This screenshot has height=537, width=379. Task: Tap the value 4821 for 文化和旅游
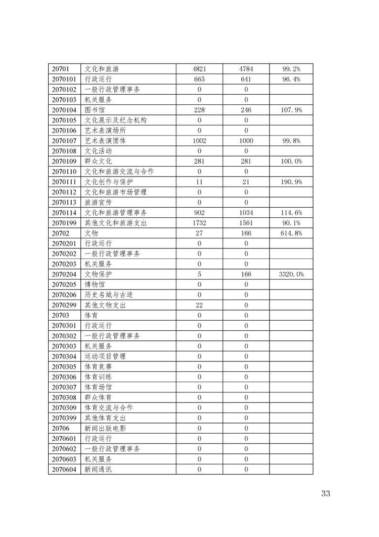[199, 69]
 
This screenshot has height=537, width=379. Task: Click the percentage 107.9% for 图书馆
[291, 110]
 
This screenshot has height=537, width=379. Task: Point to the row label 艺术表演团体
[105, 141]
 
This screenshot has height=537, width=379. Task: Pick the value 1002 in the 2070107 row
[199, 141]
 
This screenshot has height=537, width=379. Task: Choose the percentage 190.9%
[291, 182]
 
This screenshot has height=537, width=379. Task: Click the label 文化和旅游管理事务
[116, 213]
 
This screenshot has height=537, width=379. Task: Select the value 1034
[246, 213]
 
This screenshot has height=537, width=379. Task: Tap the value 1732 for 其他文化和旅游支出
[199, 223]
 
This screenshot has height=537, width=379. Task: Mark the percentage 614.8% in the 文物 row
[291, 233]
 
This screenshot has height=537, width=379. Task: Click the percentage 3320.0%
[291, 274]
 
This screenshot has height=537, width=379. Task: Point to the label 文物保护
[98, 274]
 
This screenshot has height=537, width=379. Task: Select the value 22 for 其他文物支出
[199, 305]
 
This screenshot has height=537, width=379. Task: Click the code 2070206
[64, 295]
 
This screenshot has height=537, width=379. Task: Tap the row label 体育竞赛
[98, 367]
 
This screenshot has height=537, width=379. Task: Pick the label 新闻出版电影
[105, 428]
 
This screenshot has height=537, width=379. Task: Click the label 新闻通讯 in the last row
[98, 469]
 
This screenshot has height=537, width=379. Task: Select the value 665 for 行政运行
[199, 79]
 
